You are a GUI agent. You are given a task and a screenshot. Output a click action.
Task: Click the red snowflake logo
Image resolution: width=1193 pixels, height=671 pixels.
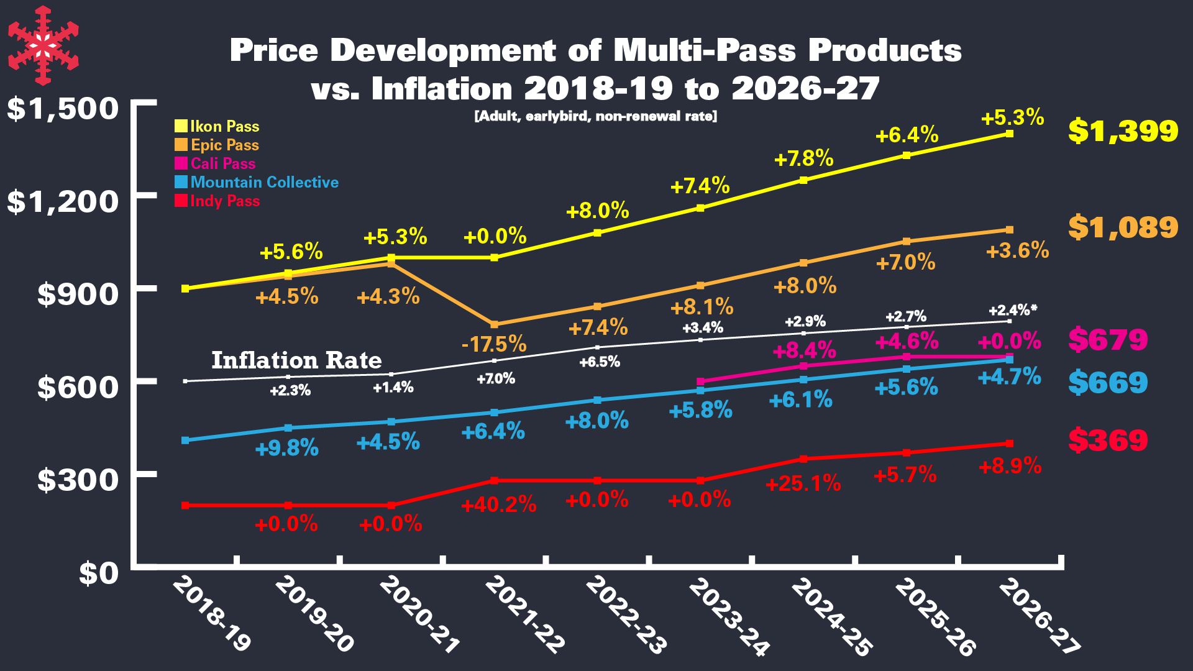click(x=43, y=45)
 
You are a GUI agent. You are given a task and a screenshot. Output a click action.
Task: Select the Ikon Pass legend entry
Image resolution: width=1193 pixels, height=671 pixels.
click(x=217, y=127)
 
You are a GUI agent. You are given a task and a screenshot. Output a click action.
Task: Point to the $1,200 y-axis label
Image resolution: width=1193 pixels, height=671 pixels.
click(x=62, y=202)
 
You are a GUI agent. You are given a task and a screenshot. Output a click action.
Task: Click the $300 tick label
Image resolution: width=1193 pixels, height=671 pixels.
click(x=78, y=480)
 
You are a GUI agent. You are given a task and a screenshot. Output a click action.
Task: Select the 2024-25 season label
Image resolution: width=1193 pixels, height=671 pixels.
click(x=831, y=616)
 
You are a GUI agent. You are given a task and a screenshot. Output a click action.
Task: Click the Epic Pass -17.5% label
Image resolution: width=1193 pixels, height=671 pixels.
click(x=494, y=344)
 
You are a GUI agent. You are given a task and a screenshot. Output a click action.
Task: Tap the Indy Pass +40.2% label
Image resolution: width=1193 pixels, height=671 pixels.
click(x=498, y=504)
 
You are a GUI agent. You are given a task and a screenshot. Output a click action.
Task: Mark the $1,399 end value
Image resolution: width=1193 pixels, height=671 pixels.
click(x=1123, y=131)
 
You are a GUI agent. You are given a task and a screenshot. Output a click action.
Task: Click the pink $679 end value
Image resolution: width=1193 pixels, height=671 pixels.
click(x=1108, y=340)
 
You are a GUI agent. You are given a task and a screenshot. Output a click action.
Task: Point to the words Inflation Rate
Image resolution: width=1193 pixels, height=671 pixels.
click(x=296, y=360)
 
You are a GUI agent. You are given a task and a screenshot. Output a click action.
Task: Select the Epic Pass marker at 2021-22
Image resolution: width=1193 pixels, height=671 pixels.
click(x=495, y=325)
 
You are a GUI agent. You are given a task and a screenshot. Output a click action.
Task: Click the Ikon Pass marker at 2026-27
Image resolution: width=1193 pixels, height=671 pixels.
click(x=1009, y=134)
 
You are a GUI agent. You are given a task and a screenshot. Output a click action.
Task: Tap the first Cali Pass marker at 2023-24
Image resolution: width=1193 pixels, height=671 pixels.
click(x=700, y=381)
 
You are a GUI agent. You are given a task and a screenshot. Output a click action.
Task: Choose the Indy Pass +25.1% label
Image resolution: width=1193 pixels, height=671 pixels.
click(x=803, y=483)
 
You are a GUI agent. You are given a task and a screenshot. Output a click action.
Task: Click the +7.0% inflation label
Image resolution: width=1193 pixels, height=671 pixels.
click(x=495, y=378)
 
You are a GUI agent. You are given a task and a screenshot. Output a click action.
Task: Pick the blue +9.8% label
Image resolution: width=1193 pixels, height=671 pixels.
click(x=286, y=448)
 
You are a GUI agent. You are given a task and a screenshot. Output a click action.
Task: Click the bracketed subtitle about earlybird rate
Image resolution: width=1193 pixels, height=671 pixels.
click(x=595, y=116)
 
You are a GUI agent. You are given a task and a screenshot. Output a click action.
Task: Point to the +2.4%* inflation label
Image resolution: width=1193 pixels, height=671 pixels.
click(x=1013, y=310)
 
